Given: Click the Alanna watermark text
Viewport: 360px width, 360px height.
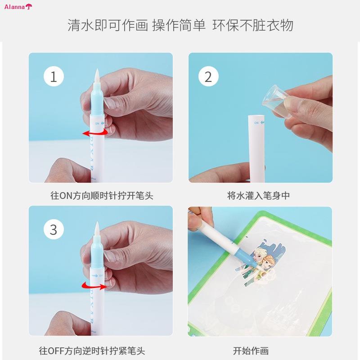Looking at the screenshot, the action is coord(14,7).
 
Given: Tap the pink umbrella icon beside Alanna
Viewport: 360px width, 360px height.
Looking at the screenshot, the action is coord(29,6).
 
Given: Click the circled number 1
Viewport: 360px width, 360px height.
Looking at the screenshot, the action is coord(54,76).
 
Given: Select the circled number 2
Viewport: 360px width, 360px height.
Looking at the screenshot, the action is coord(208,76).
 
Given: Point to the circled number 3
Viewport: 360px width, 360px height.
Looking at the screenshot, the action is coord(54,229).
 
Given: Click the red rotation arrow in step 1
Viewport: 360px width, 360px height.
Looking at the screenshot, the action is coord(95,133).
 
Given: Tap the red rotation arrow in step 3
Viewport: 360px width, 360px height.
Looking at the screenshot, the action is coord(94,286).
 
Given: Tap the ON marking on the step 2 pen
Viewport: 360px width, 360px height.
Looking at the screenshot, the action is coord(256,123).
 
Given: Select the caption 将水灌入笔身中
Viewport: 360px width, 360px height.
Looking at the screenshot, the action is coord(258,196).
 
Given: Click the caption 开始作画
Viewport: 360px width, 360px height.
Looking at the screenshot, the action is coord(251,351).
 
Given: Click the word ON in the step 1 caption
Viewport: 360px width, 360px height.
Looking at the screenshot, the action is coord(66,196).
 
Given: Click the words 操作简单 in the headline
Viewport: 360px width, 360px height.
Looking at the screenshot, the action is coord(179,25).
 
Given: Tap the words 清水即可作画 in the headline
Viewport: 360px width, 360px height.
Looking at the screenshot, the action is coord(108,25).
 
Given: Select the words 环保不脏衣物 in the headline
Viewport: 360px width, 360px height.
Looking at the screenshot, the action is coord(253,25).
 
